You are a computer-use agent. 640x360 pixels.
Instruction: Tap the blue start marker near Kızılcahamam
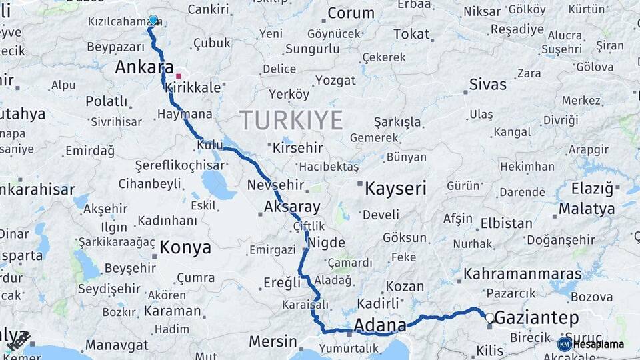click(x=153, y=20)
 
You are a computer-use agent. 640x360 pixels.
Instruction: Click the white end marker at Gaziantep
click(x=490, y=318)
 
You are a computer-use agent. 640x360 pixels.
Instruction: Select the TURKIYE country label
click(x=291, y=120)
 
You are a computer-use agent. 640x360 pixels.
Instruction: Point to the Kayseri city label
click(x=395, y=189)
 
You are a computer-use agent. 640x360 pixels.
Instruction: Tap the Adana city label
click(x=379, y=325)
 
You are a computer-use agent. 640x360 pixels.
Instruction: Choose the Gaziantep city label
click(x=537, y=319)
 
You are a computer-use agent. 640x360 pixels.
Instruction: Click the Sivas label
click(x=487, y=85)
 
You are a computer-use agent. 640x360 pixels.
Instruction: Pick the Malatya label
click(x=587, y=209)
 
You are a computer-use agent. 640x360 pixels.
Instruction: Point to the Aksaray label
click(x=292, y=207)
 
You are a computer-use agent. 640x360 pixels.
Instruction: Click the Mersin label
click(x=273, y=341)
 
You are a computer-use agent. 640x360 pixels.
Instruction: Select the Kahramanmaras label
click(x=523, y=274)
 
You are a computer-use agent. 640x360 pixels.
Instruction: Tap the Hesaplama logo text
click(x=598, y=344)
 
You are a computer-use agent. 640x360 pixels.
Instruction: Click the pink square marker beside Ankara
click(x=179, y=75)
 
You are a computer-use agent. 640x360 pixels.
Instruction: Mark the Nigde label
click(x=327, y=242)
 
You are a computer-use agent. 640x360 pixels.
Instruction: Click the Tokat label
click(x=411, y=34)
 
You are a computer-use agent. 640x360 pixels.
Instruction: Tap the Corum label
click(x=351, y=13)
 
